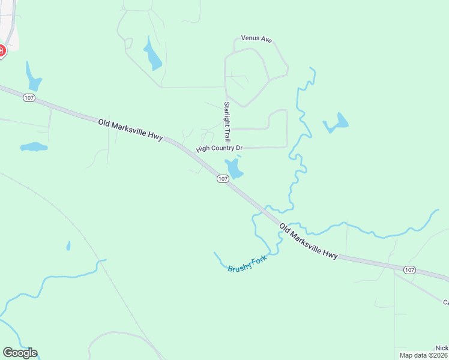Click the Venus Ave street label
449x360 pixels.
[x=256, y=39]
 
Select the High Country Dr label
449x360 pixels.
[x=219, y=148]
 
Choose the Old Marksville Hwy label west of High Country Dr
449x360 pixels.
[x=130, y=130]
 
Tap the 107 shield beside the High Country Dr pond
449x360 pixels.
[x=223, y=179]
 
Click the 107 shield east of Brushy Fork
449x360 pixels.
[x=409, y=270]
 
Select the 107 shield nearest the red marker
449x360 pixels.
[x=28, y=97]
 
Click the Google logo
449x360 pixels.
[x=20, y=353]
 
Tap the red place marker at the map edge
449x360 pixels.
[x=1, y=52]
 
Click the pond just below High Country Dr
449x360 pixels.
[x=234, y=169]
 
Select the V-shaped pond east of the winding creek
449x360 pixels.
[x=336, y=124]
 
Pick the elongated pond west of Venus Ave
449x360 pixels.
[x=152, y=53]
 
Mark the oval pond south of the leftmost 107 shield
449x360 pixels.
[x=34, y=146]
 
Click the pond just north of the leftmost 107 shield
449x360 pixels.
[x=32, y=77]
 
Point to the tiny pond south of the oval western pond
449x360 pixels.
[x=68, y=245]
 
